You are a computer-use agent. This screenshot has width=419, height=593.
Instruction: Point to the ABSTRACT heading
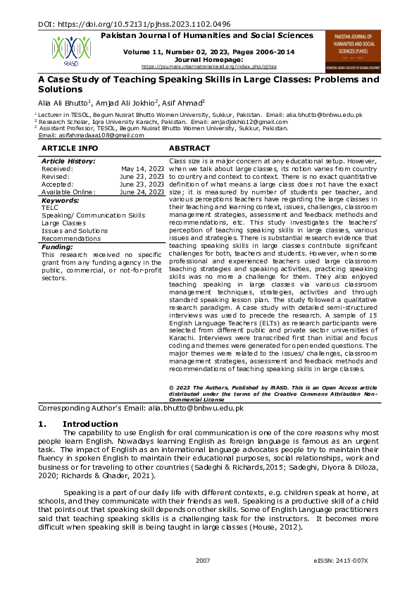pos(189,149)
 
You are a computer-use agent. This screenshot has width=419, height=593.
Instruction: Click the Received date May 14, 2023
pos(144,170)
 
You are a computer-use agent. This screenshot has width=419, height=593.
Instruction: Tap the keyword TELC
pos(50,208)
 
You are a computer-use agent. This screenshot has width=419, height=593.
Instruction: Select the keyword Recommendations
pos(71,238)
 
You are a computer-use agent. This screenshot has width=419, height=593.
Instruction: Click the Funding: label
pos(57,247)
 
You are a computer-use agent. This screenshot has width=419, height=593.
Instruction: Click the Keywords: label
pos(61,200)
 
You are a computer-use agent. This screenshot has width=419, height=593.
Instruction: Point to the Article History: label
pos(68,162)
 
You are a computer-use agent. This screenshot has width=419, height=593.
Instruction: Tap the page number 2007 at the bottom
pos(203,561)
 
